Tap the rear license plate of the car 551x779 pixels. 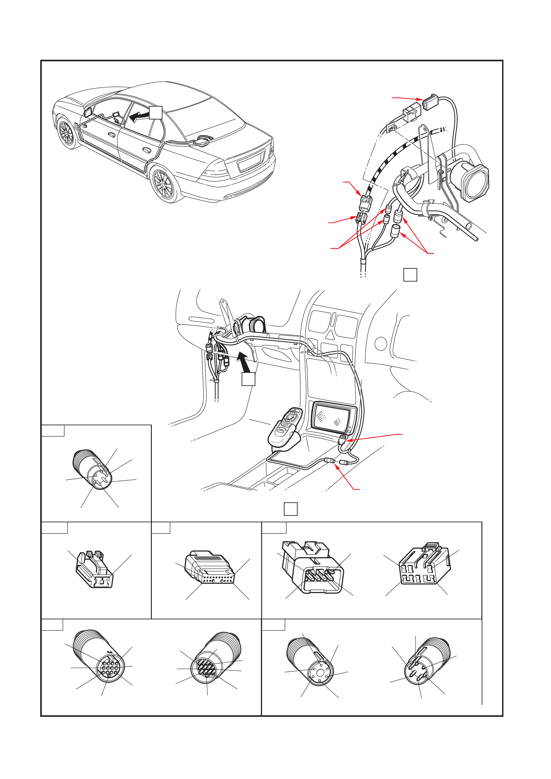pos(251,161)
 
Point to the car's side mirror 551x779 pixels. pos(87,112)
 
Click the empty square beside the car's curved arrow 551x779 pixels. pos(156,112)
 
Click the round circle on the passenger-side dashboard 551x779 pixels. pos(381,343)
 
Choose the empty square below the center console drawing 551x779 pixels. pos(290,509)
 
